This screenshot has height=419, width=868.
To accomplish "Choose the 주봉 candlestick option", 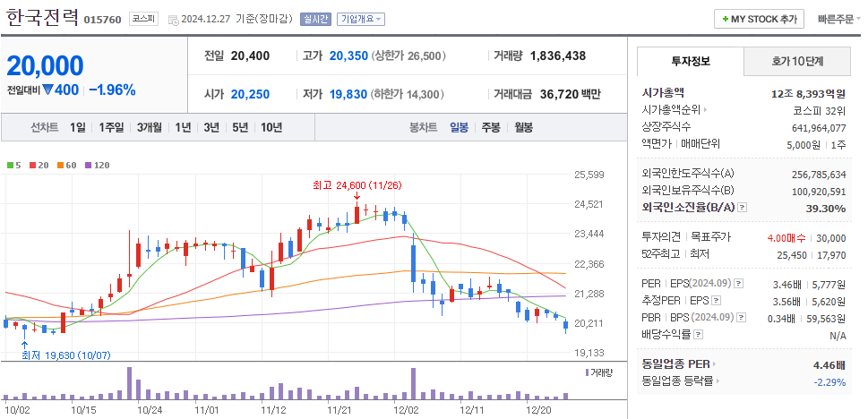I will (x=490, y=127).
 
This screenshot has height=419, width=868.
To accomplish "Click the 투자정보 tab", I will (x=690, y=61).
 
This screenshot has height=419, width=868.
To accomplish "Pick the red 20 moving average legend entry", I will (x=39, y=165).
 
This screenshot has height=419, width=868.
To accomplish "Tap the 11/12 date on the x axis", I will (x=273, y=409).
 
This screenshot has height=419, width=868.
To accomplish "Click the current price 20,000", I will (x=46, y=65).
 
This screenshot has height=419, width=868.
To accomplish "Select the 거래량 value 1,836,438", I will (x=558, y=56).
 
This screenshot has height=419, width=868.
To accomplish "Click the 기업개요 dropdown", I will (x=362, y=19).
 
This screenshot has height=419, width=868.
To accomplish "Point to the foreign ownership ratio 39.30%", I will (x=826, y=209).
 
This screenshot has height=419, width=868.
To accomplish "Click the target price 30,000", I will (x=830, y=237).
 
